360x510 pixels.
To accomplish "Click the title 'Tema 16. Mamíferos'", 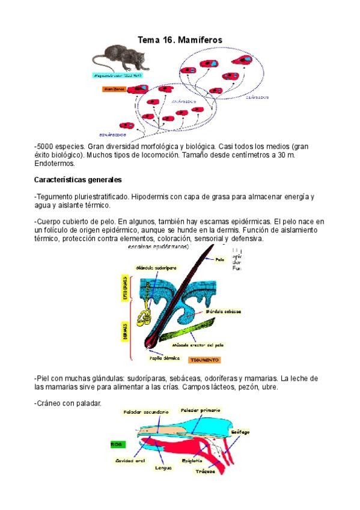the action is click(x=180, y=40).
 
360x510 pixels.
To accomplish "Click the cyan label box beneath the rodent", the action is click(x=117, y=75).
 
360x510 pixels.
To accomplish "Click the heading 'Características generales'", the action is click(x=78, y=179).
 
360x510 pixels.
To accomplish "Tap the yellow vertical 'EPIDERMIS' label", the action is click(x=126, y=289).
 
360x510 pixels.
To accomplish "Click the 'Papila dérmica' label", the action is click(x=166, y=357).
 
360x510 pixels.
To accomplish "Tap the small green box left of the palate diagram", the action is click(x=118, y=443).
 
